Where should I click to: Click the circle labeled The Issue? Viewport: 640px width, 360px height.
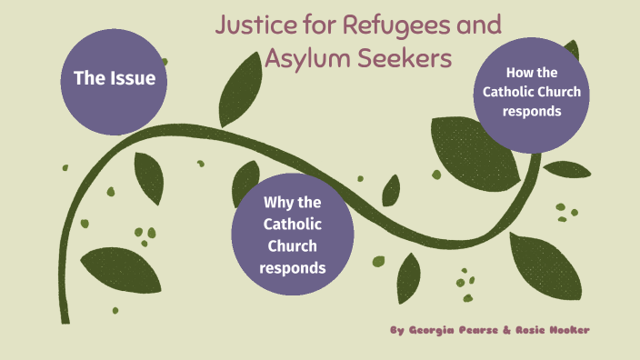115,79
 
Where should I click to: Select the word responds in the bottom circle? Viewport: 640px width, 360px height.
292,267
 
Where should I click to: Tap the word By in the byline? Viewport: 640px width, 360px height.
396,330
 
